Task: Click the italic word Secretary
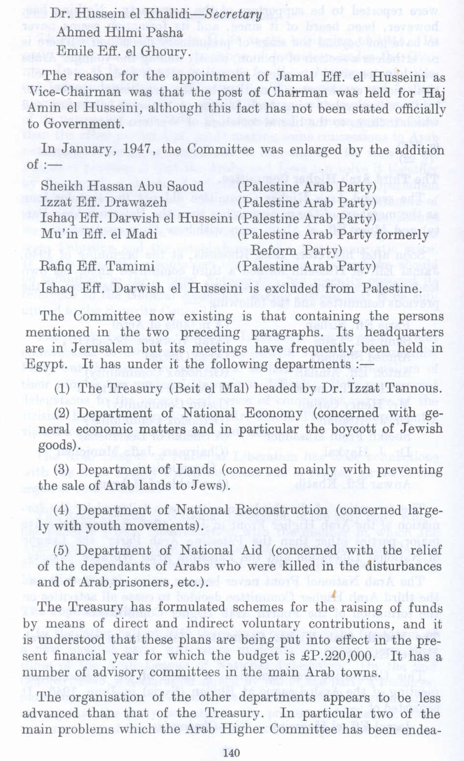pyautogui.click(x=234, y=15)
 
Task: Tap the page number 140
pyautogui.click(x=231, y=752)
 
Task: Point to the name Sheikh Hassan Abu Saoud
pyautogui.click(x=122, y=186)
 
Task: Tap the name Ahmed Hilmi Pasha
pyautogui.click(x=120, y=33)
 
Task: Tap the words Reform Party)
pyautogui.click(x=296, y=250)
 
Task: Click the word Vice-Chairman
pyautogui.click(x=75, y=93)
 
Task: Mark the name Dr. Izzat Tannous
pyautogui.click(x=394, y=389)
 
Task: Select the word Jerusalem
pyautogui.click(x=95, y=349)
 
